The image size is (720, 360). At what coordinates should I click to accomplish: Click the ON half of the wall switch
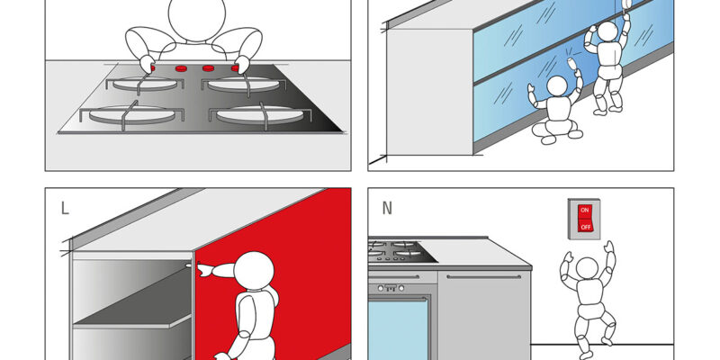[x=584, y=211]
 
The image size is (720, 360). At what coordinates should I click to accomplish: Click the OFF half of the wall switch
[x=584, y=226]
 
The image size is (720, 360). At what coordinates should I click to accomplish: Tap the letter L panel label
[x=65, y=209]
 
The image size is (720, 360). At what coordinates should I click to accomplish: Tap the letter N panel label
[x=387, y=209]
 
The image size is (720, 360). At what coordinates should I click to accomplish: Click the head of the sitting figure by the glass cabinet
[x=557, y=86]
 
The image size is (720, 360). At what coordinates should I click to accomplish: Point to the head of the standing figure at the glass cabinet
[x=607, y=31]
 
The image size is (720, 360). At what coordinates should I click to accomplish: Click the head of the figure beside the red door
[x=254, y=271]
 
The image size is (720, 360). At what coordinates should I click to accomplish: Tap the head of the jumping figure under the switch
[x=587, y=268]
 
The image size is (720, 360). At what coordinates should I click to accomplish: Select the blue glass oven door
[x=398, y=328]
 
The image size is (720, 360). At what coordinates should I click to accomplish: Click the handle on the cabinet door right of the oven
[x=483, y=276]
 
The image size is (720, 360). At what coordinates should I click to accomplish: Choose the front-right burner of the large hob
[x=259, y=115]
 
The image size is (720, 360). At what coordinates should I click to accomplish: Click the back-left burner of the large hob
[x=145, y=83]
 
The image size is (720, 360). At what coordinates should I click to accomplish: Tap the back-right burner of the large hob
[x=243, y=84]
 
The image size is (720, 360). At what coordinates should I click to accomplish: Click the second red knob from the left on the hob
[x=181, y=69]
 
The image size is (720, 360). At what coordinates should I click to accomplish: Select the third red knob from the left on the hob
[x=209, y=68]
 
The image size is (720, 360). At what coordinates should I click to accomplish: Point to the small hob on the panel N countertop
[x=400, y=251]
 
